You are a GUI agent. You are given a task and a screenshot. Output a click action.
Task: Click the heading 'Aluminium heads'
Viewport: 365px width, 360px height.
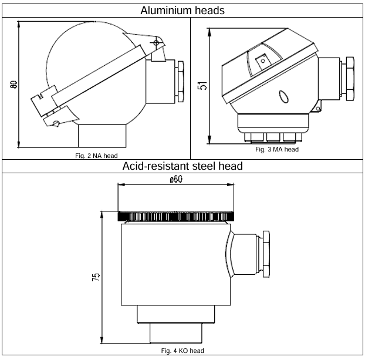pyautogui.click(x=182, y=9)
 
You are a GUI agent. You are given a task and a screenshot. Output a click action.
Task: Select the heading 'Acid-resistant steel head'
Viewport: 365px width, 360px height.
pyautogui.click(x=182, y=166)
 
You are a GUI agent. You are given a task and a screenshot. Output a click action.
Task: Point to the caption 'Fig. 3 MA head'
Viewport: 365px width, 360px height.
pyautogui.click(x=277, y=149)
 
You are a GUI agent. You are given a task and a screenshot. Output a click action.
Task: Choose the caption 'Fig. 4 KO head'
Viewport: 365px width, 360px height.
pyautogui.click(x=182, y=351)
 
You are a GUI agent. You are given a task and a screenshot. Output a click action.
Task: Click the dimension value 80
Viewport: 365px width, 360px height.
pyautogui.click(x=13, y=84)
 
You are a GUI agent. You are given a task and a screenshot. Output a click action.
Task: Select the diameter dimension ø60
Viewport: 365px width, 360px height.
pyautogui.click(x=176, y=180)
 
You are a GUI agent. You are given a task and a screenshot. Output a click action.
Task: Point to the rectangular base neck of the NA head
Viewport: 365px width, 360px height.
pyautogui.click(x=102, y=136)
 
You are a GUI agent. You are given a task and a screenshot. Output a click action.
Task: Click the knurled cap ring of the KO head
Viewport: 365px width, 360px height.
pyautogui.click(x=176, y=217)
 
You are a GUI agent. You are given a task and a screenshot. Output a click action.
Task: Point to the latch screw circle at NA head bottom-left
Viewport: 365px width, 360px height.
pyautogui.click(x=56, y=123)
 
